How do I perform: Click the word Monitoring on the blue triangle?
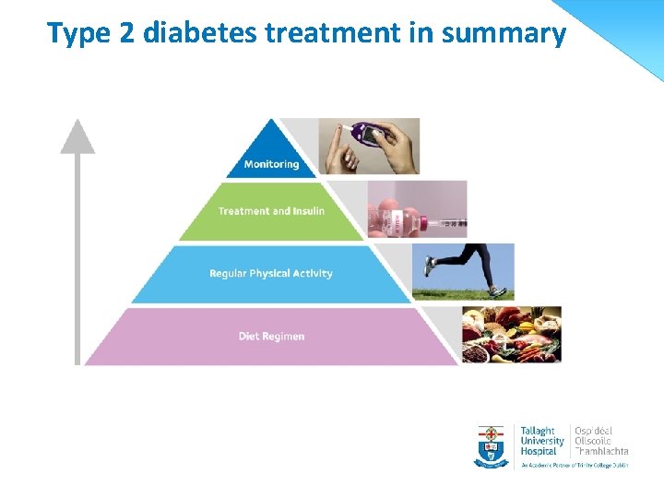pyautogui.click(x=271, y=164)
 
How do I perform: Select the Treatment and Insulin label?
pyautogui.click(x=271, y=211)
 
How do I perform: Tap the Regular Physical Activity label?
pyautogui.click(x=271, y=274)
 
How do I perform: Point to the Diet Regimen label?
pyautogui.click(x=271, y=337)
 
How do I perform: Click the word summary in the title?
pyautogui.click(x=504, y=33)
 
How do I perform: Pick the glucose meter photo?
pyautogui.click(x=370, y=146)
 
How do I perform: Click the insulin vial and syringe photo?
pyautogui.click(x=418, y=208)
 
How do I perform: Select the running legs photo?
pyautogui.click(x=463, y=272)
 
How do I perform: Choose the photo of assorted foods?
pyautogui.click(x=511, y=335)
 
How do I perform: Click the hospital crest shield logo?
pyautogui.click(x=492, y=446)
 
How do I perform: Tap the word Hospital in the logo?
pyautogui.click(x=539, y=451)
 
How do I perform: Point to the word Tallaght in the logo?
pyautogui.click(x=539, y=431)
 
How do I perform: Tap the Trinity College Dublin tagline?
pyautogui.click(x=573, y=466)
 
